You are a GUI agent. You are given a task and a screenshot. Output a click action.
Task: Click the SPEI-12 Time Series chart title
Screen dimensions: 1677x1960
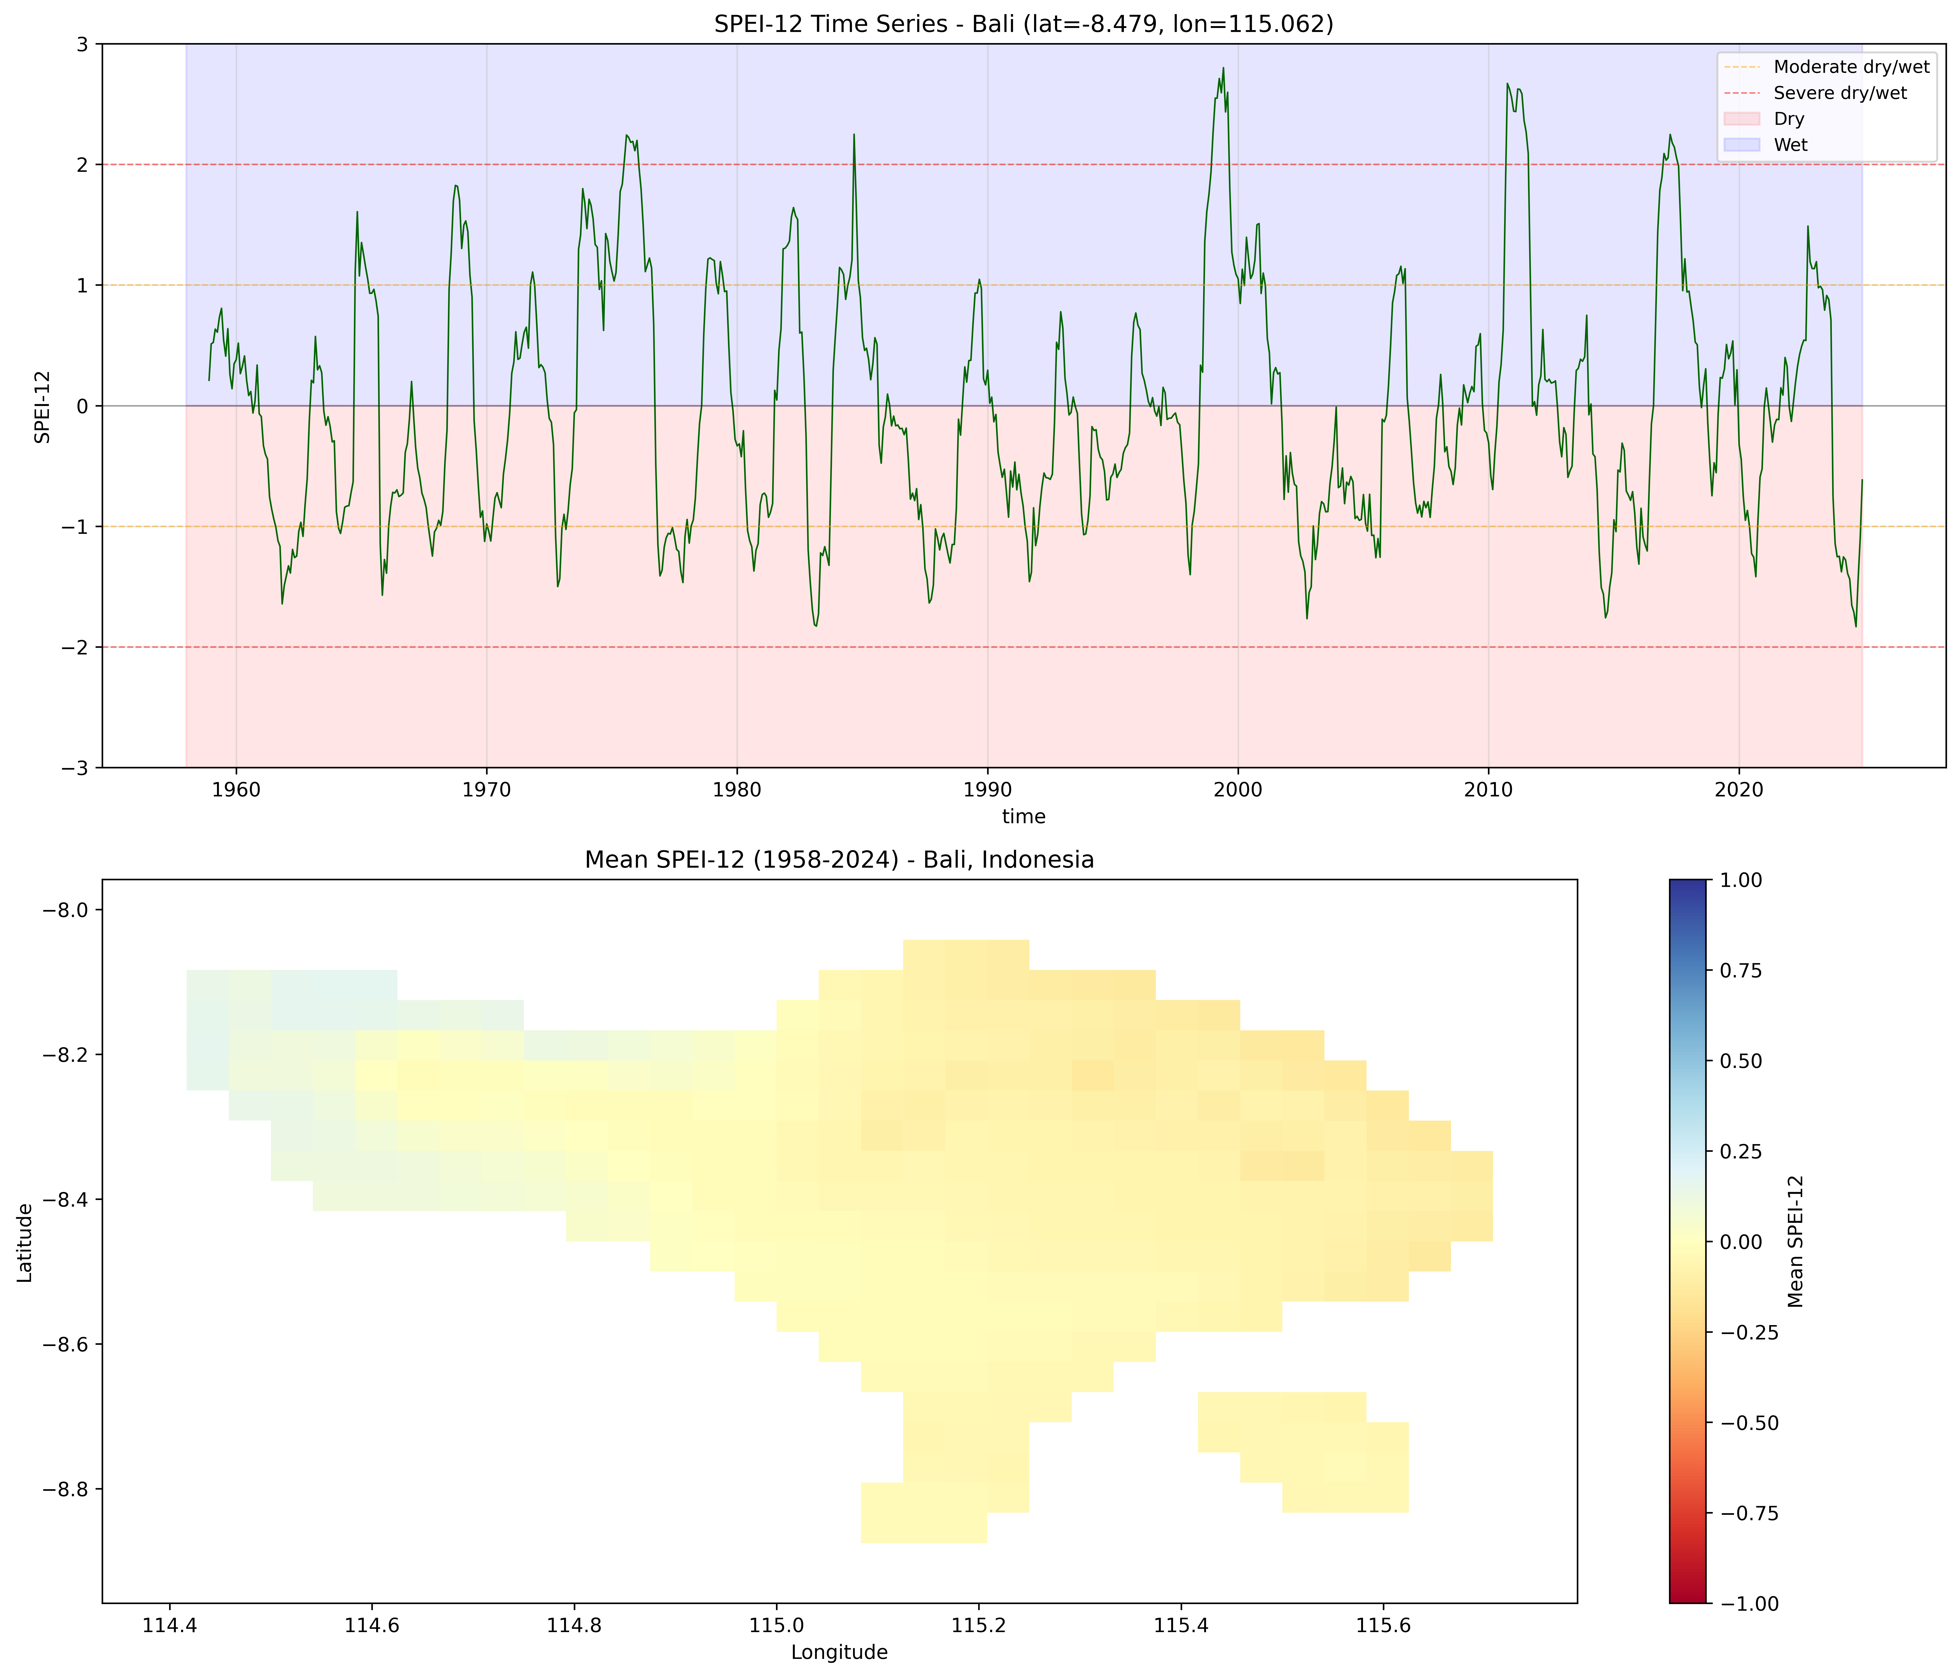coord(1023,24)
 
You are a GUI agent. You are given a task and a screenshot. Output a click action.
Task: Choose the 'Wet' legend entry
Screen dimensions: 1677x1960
coord(1790,145)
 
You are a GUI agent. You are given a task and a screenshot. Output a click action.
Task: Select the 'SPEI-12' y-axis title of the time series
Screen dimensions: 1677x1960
coord(42,406)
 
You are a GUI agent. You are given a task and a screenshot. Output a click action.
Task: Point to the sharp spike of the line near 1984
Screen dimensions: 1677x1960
coord(854,135)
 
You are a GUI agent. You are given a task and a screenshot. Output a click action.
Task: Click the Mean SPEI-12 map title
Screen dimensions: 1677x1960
coord(839,860)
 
